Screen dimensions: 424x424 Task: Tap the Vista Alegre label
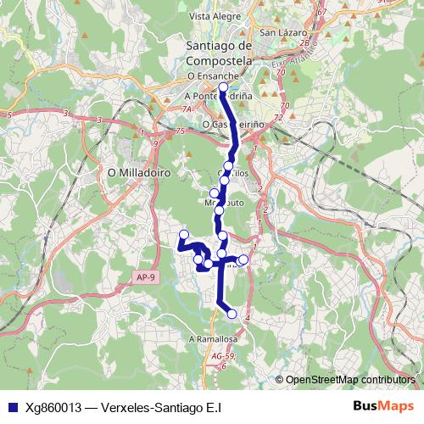pos(211,15)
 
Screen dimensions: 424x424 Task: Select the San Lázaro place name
pos(279,33)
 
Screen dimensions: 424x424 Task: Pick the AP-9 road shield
pos(145,276)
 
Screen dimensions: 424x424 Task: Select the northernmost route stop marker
pos(223,87)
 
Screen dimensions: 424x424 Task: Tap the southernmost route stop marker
pos(232,314)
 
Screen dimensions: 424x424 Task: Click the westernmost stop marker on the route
pos(183,234)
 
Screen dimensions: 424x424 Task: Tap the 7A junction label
pos(188,109)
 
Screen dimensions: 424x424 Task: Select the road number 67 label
pos(321,13)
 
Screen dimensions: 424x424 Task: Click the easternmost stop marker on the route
pos(244,259)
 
